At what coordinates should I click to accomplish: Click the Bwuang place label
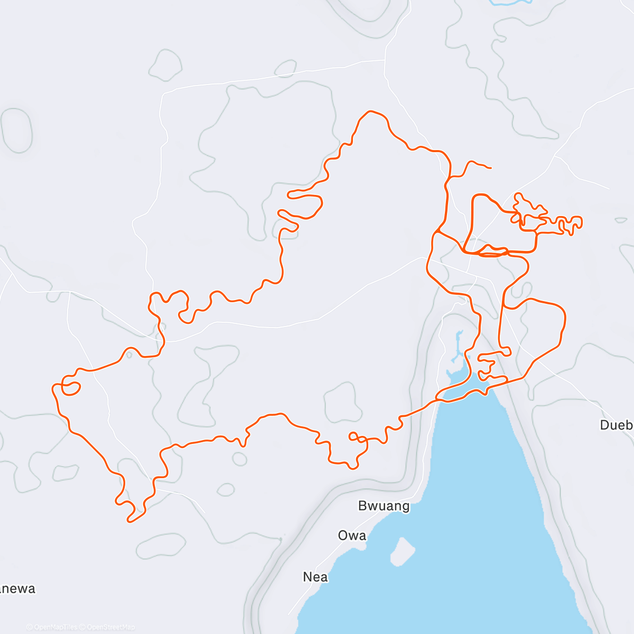point(384,506)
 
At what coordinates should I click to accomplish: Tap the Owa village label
point(352,536)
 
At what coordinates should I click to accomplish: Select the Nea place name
point(315,577)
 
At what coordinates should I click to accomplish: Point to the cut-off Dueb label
point(617,425)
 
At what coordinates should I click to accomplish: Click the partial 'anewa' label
point(17,589)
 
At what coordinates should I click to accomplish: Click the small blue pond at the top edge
point(510,2)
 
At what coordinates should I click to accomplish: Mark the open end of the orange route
point(491,168)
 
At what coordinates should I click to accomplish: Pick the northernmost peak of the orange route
point(372,111)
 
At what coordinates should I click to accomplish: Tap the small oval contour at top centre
point(285,68)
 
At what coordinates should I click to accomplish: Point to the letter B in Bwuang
point(363,506)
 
